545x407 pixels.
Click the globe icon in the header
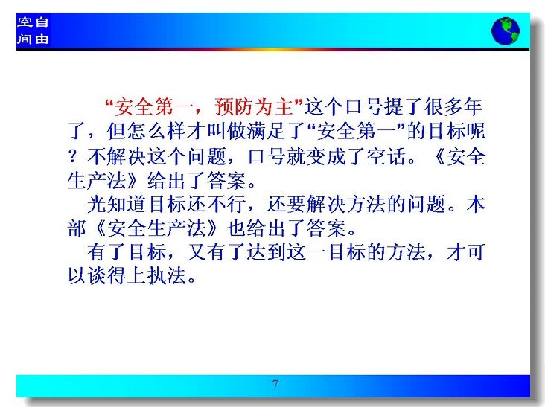tap(506, 31)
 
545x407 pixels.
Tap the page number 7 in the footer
tap(275, 384)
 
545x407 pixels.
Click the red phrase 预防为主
tap(254, 106)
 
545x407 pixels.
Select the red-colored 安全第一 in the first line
tap(144, 106)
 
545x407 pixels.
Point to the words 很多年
tap(453, 106)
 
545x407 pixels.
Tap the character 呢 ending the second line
tap(476, 131)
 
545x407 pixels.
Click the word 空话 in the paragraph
tap(386, 156)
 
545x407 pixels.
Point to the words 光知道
tap(116, 204)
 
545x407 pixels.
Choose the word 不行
tap(226, 204)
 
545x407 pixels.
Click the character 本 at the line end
tap(476, 204)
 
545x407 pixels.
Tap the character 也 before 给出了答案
tap(236, 228)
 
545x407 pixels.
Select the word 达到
tap(267, 251)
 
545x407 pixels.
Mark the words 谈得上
tap(116, 276)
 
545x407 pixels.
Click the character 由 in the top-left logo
tap(42, 39)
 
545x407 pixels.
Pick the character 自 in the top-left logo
tap(42, 22)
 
